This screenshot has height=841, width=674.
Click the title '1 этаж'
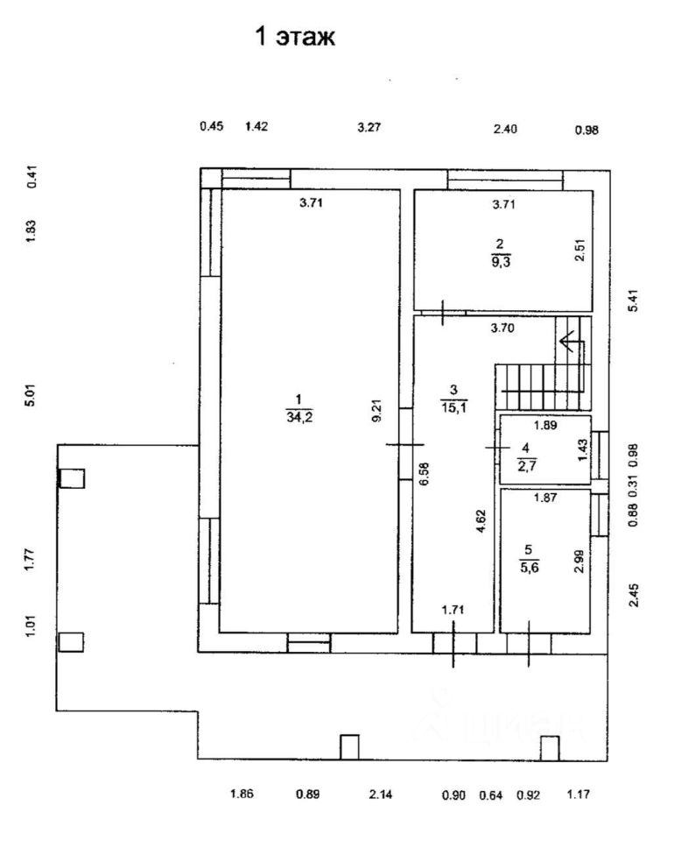point(294,38)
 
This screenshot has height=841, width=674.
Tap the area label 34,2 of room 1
point(299,418)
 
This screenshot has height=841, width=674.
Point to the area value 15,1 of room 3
point(453,403)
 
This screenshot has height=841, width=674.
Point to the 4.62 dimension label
point(481,536)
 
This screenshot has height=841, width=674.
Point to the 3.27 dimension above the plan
point(369,127)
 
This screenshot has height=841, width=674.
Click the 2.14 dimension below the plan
point(381,795)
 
